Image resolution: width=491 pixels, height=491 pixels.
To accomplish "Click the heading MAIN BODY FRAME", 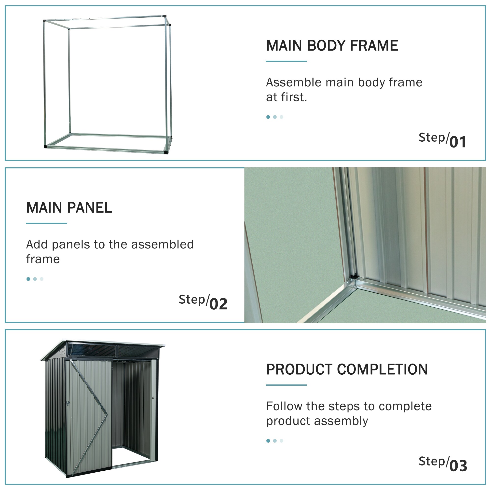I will (x=332, y=46).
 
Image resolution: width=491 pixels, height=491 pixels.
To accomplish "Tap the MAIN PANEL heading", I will (x=69, y=208).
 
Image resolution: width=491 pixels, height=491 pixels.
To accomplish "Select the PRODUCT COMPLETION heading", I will (x=347, y=369).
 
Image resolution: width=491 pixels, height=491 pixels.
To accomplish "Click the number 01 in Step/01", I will (x=458, y=142).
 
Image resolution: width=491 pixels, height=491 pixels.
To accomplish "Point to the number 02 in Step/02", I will (x=218, y=304).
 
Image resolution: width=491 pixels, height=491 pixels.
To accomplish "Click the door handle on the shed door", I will (x=68, y=403).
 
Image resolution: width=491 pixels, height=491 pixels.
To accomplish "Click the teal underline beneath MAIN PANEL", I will (x=46, y=223).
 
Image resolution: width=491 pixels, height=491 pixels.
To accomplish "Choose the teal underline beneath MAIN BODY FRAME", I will (x=286, y=61).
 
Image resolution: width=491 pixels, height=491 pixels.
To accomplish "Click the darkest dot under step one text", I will (x=268, y=117).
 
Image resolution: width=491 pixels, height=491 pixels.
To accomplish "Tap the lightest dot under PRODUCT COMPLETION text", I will (x=281, y=441).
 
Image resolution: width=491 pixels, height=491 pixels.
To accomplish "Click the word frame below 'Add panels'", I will (x=43, y=259).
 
